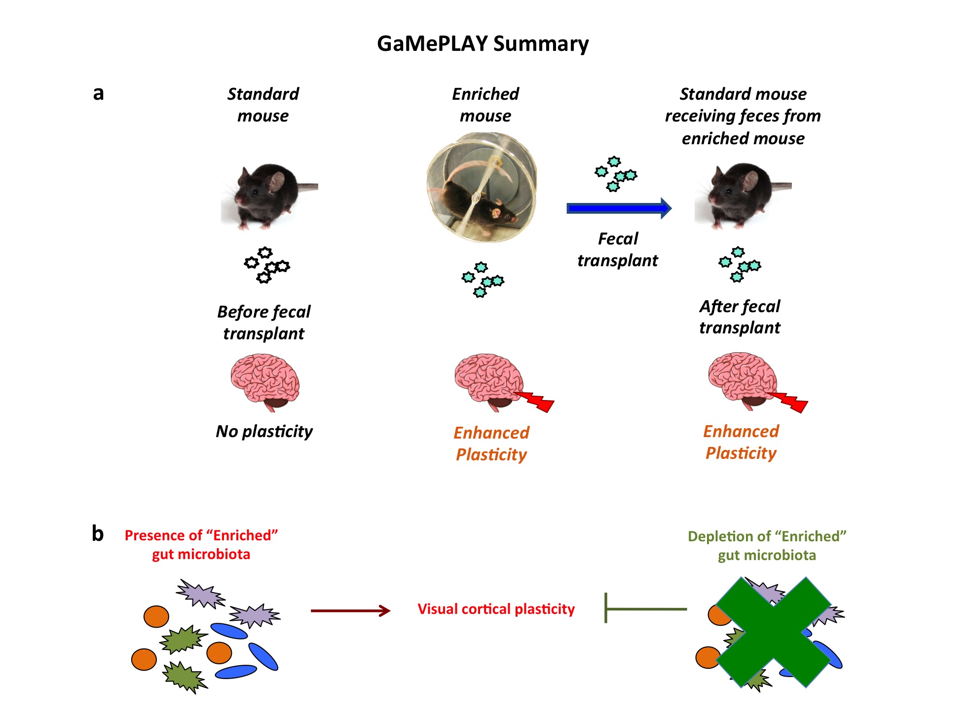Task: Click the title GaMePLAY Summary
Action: pos(483,43)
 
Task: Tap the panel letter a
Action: pos(98,93)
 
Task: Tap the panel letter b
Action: pos(98,533)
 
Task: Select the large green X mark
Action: pos(773,632)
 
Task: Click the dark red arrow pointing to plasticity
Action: pos(350,611)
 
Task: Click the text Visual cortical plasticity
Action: pos(496,609)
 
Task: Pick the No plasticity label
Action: pos(264,431)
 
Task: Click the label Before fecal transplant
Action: pos(264,323)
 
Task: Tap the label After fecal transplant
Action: pos(740,317)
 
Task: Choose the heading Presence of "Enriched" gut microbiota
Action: pos(201,544)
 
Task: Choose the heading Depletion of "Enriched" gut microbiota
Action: pos(767,545)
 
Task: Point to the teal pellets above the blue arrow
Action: pos(615,174)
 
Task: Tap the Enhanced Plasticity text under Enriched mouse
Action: pos(491,443)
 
